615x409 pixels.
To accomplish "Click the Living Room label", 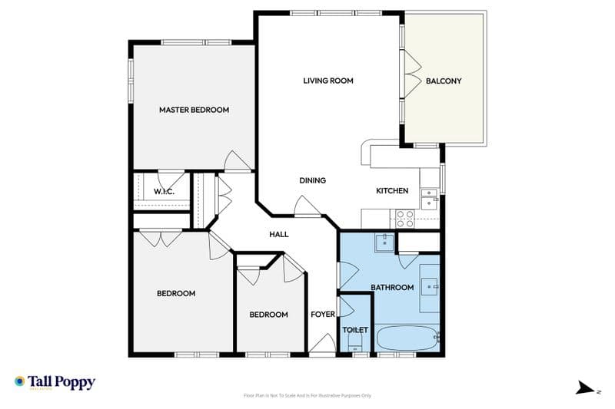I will [327, 81].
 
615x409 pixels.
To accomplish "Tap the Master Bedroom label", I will [194, 110].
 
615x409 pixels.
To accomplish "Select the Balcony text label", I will [444, 81].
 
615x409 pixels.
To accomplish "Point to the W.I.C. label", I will [164, 191].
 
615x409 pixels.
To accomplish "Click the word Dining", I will [313, 180].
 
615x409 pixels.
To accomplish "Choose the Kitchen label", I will [391, 191].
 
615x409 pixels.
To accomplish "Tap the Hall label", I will [279, 234].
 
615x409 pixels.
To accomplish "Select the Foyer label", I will [322, 315].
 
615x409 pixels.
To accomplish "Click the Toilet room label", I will [355, 330].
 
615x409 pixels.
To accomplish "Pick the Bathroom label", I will [392, 288].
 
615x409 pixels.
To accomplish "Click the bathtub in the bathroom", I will [407, 336].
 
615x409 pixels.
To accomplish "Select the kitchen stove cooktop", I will [405, 218].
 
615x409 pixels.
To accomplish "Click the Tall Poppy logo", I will [55, 382].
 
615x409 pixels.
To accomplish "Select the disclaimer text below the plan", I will [307, 395].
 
